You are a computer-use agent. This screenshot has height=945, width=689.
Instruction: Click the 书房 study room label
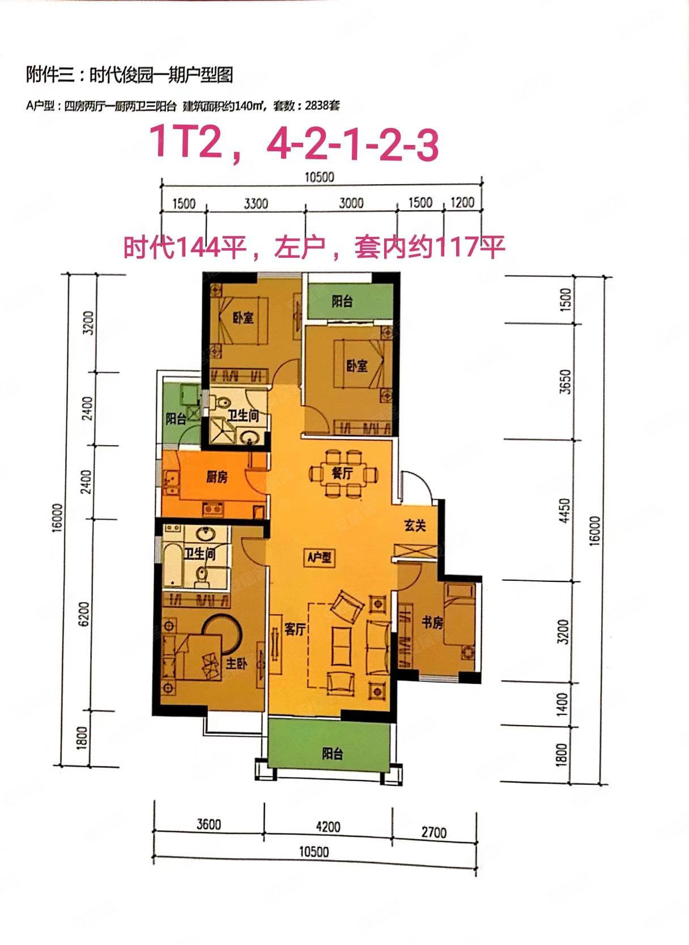[x=432, y=623]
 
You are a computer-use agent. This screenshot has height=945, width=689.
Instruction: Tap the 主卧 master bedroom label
[x=236, y=665]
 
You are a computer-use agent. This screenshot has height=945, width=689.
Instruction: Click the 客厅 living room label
[x=295, y=629]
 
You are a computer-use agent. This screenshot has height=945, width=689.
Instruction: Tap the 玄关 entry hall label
[x=415, y=526]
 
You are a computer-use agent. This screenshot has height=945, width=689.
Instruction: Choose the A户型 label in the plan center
[x=320, y=558]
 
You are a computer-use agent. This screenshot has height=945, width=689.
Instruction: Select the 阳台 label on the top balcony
[x=342, y=301]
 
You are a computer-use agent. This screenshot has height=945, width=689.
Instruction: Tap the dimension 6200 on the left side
[x=85, y=613]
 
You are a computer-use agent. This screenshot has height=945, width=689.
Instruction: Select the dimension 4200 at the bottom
[x=328, y=827]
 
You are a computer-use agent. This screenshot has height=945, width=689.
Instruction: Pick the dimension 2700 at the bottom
[x=434, y=832]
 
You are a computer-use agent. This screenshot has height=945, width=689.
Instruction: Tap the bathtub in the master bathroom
[x=172, y=564]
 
